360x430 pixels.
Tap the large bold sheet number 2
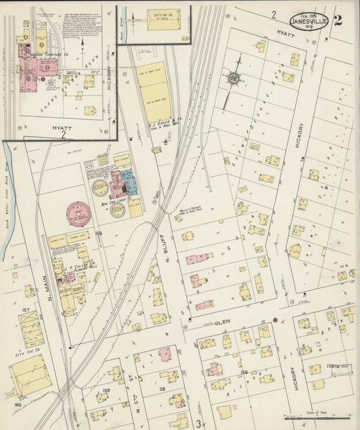click(337, 19)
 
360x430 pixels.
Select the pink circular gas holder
click(80, 214)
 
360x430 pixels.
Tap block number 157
click(26, 311)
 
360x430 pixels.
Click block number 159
click(106, 391)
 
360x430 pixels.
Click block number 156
click(98, 234)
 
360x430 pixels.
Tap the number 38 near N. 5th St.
click(162, 389)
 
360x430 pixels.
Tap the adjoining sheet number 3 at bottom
click(199, 423)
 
